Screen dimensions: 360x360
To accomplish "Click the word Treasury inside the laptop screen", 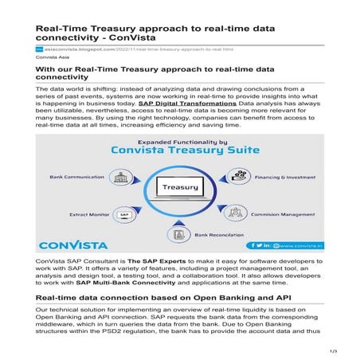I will (x=180, y=189).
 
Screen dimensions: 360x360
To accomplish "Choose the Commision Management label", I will (x=283, y=214).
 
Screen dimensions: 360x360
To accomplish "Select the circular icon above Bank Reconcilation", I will (x=178, y=233).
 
